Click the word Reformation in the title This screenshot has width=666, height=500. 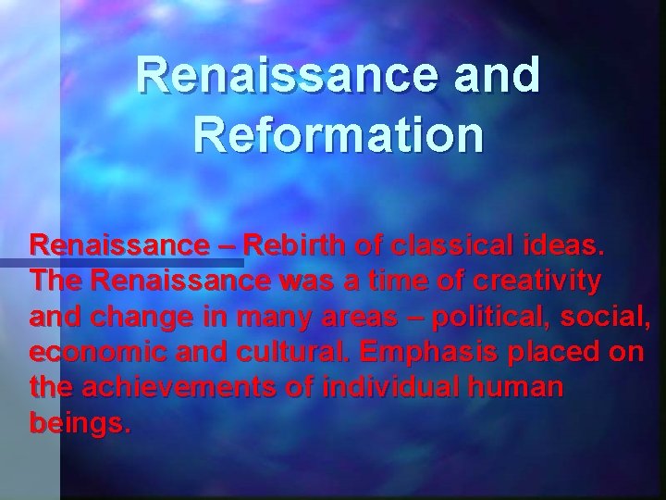339,134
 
